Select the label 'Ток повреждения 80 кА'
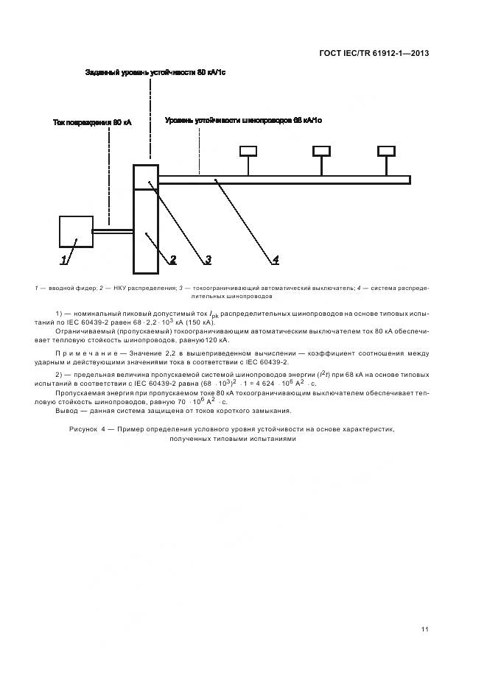click(92, 122)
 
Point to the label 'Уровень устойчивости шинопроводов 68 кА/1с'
click(243, 119)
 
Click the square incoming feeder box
click(76, 231)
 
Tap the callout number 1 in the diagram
click(64, 259)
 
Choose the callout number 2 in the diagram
click(173, 259)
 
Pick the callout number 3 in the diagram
click(209, 259)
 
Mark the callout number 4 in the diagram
click(275, 259)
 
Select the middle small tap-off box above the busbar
click(321, 151)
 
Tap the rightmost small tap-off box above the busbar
click(386, 151)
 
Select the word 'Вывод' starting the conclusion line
click(68, 411)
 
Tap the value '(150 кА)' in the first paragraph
click(199, 322)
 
